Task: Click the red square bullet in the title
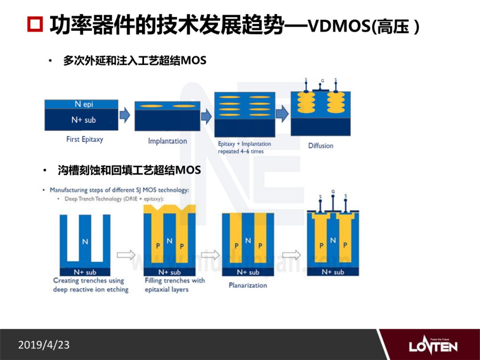pyautogui.click(x=35, y=25)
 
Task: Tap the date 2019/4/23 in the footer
pyautogui.click(x=44, y=344)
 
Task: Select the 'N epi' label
pyautogui.click(x=84, y=104)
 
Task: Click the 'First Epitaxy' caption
pyautogui.click(x=84, y=139)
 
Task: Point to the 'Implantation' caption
pyautogui.click(x=168, y=141)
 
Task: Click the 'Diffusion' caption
pyautogui.click(x=320, y=145)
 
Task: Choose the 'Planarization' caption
pyautogui.click(x=248, y=285)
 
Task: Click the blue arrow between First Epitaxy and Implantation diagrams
pyautogui.click(x=126, y=116)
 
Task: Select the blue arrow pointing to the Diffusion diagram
pyautogui.click(x=282, y=114)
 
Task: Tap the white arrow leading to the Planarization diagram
pyautogui.click(x=210, y=255)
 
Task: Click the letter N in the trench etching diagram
pyautogui.click(x=85, y=242)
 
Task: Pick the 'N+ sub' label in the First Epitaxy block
pyautogui.click(x=84, y=120)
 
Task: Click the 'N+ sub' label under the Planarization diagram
pyautogui.click(x=248, y=272)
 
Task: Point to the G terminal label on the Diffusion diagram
pyautogui.click(x=322, y=81)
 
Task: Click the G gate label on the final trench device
pyautogui.click(x=333, y=192)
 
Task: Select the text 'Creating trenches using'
pyautogui.click(x=88, y=280)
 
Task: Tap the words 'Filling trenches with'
pyautogui.click(x=175, y=280)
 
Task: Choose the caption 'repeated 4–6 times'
pyautogui.click(x=240, y=151)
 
